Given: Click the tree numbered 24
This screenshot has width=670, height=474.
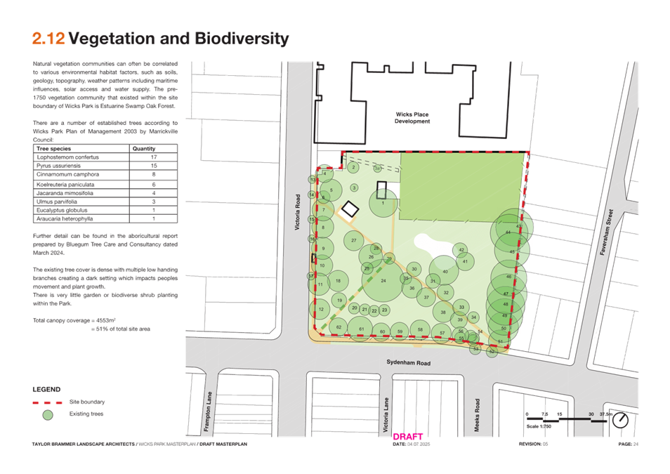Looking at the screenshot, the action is coord(383,281).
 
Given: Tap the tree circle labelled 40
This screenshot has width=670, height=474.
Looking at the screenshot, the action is coord(445,272).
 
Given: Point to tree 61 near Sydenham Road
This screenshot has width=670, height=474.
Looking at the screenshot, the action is coord(360,329).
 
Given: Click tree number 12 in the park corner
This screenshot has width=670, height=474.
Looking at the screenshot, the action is coord(320,309).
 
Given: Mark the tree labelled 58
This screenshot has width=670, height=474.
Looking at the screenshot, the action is coord(419,329).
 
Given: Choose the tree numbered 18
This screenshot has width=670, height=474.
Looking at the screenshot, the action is coord(338,281).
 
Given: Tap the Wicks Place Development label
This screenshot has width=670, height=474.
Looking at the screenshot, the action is coord(412,118).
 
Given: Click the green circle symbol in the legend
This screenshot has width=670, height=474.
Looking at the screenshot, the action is coord(48,415).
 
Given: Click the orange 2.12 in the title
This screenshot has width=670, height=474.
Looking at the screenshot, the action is coord(48,39).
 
